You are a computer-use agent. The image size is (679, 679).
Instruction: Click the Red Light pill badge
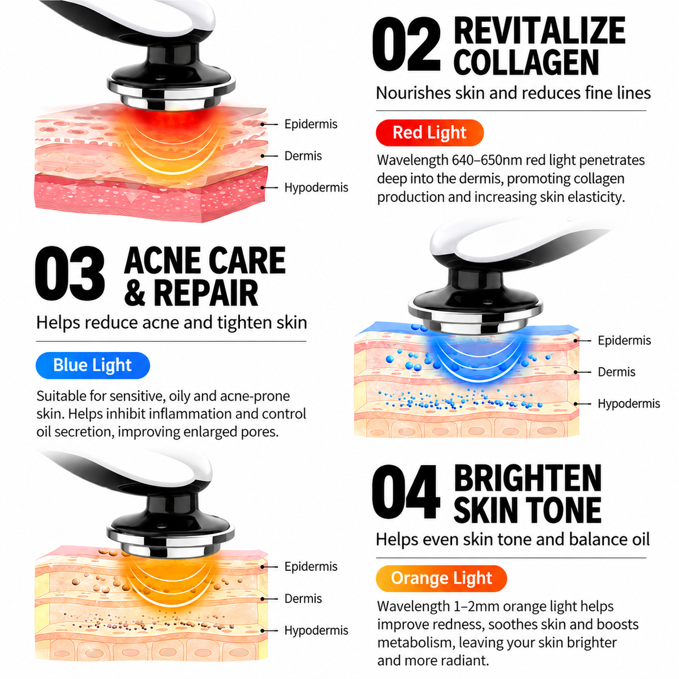429,133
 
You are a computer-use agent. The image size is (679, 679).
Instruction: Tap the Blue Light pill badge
93,366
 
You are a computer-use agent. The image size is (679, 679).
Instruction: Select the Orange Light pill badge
441,578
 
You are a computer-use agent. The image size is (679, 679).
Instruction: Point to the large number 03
70,273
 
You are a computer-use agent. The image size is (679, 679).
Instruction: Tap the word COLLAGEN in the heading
526,62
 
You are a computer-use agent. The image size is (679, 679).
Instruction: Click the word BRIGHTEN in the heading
527,478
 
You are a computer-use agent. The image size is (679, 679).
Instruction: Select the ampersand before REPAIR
135,293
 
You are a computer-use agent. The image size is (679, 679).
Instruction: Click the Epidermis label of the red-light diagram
311,124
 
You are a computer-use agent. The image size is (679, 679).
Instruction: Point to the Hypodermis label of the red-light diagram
316,187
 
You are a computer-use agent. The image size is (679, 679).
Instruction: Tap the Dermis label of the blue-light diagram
616,372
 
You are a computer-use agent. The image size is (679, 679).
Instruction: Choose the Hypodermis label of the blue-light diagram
629,403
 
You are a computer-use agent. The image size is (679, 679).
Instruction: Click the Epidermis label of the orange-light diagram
311,566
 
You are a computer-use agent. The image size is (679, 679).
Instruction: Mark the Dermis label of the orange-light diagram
303,598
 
